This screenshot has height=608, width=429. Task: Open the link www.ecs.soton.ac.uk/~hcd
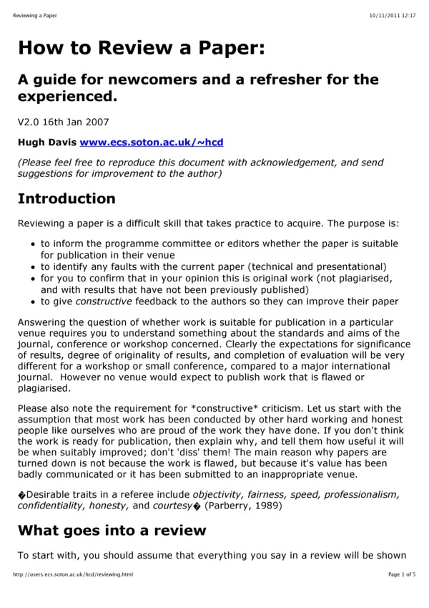click(x=152, y=143)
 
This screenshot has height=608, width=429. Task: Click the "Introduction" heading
click(x=66, y=198)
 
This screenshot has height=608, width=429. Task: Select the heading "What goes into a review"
click(x=112, y=531)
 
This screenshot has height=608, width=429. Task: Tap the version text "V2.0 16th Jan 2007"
click(x=64, y=122)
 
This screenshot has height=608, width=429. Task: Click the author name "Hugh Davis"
click(x=46, y=143)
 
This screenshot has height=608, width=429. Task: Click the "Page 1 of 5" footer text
click(x=402, y=574)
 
